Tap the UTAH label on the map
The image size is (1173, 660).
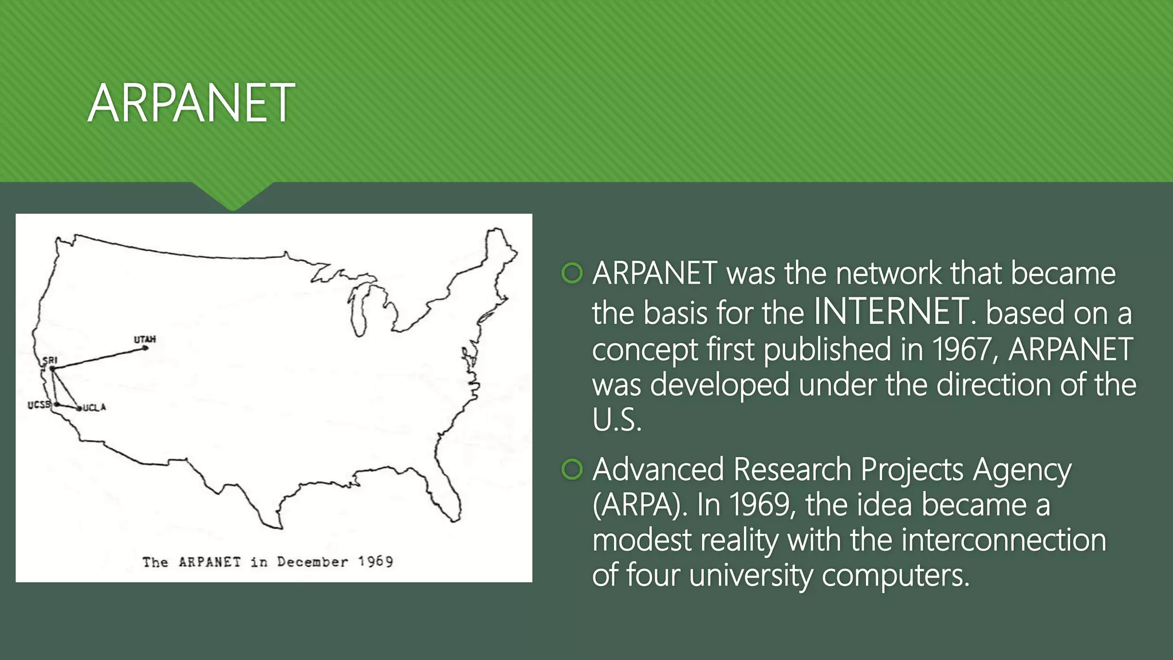point(145,339)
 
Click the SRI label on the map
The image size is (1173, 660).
point(50,360)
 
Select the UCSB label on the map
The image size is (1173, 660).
point(39,404)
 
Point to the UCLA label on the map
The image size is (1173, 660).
point(95,407)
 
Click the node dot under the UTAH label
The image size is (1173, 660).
point(145,348)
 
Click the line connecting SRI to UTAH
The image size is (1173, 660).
point(97,358)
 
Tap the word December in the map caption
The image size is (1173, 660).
point(312,561)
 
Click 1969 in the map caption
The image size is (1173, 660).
point(376,561)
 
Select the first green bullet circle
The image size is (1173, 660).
point(572,273)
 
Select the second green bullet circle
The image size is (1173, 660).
point(572,469)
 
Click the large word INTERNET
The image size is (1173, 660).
point(891,312)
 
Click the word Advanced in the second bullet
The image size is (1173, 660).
point(658,469)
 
